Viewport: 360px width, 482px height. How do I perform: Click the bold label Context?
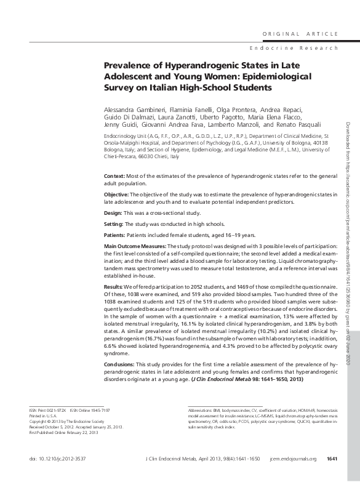117,177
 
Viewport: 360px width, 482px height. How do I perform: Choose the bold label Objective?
119,194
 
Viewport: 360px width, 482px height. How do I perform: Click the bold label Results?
117,287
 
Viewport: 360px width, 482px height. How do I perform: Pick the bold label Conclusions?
122,365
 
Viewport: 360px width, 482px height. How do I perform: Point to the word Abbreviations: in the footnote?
200,409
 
